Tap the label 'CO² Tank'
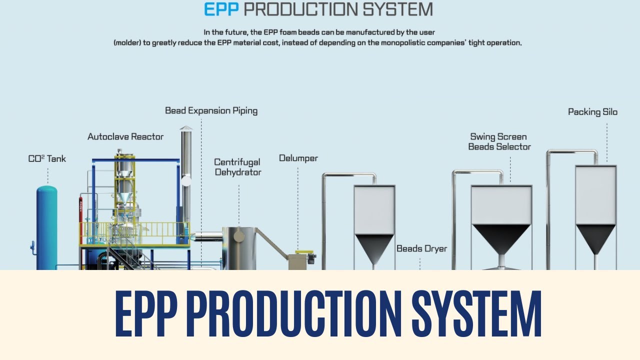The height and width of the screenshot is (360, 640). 47,159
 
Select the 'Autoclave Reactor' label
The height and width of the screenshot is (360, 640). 125,136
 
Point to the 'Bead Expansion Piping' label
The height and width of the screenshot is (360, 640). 211,110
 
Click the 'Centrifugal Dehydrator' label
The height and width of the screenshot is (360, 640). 237,167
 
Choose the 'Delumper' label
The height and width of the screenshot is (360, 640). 298,158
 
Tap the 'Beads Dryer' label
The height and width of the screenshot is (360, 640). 421,248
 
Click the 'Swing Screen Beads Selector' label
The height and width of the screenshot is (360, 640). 499,141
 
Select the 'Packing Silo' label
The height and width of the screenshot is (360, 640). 592,112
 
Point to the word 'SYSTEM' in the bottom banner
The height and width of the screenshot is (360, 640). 477,314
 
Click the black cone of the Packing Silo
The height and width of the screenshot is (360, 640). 595,238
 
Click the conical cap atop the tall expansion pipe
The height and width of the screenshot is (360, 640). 186,128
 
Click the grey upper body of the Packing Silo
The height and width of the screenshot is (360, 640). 595,195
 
